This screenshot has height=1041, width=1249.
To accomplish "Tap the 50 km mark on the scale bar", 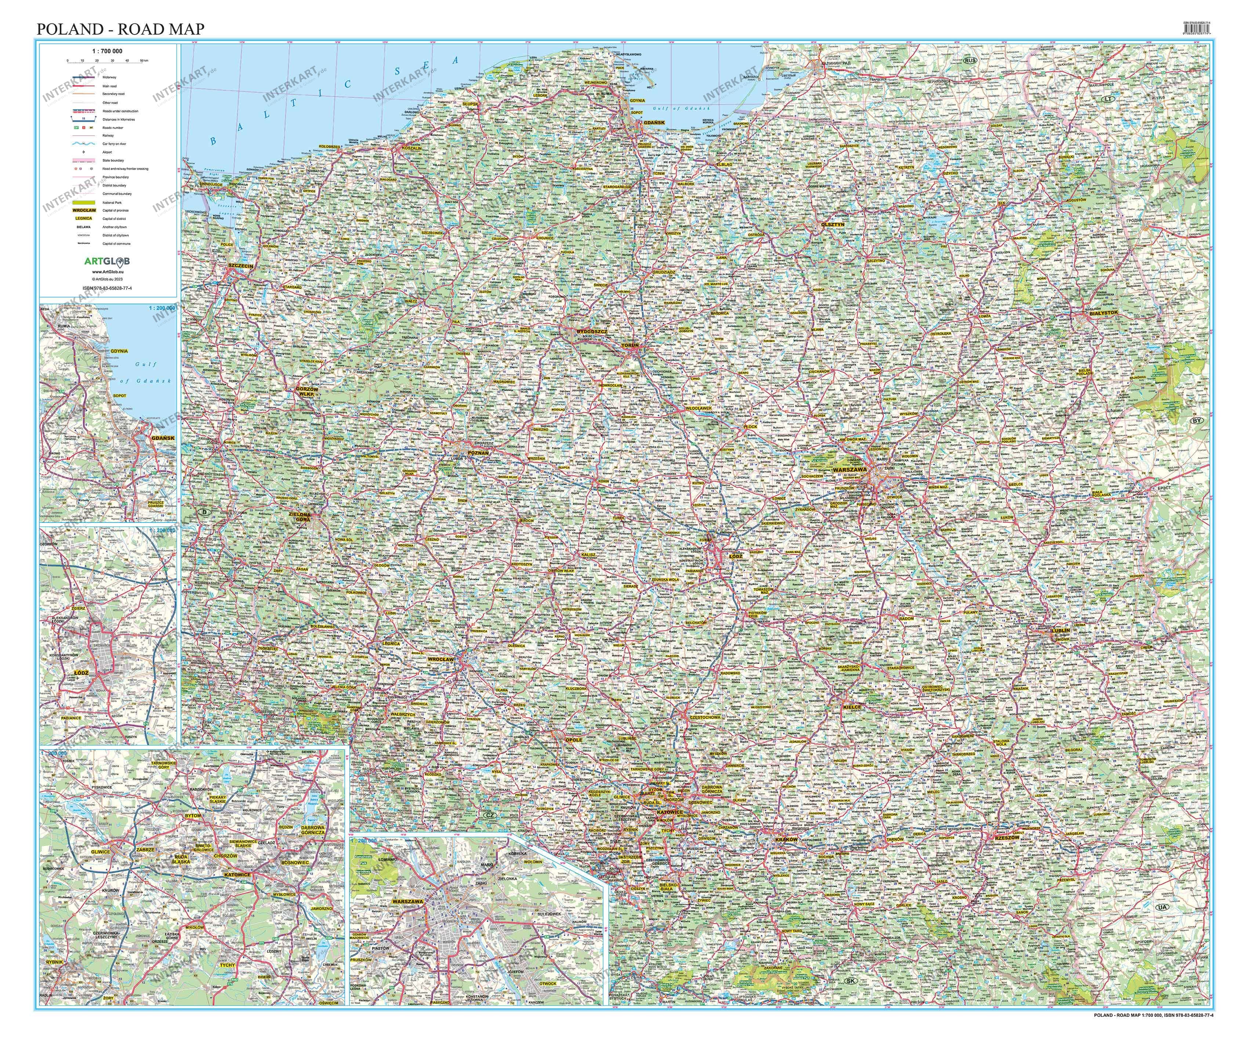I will (x=144, y=60).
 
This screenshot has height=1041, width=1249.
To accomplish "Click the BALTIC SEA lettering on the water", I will (x=333, y=101).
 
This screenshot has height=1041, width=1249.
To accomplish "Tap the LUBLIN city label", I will (x=1060, y=630).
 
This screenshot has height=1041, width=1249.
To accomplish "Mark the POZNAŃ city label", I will (x=478, y=453).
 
